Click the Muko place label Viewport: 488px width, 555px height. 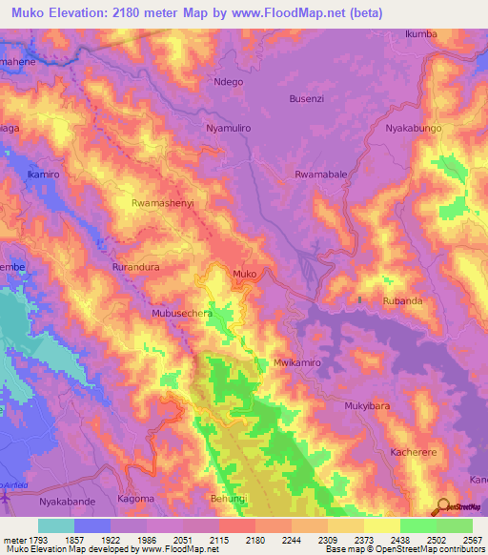(x=244, y=275)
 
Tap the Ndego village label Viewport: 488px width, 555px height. (x=230, y=82)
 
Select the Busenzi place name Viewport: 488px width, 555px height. (x=307, y=98)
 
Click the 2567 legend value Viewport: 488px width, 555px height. (x=474, y=540)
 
